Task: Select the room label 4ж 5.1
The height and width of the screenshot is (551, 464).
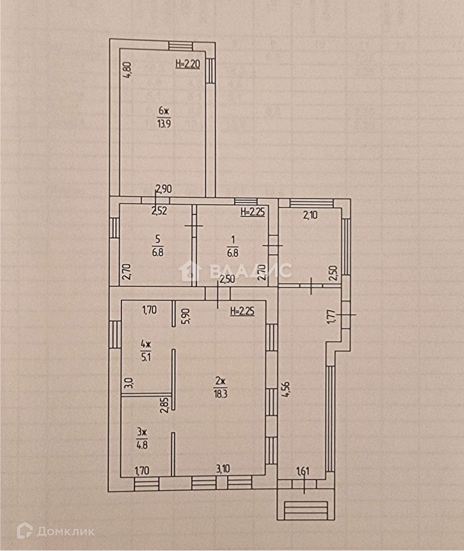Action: pyautogui.click(x=146, y=350)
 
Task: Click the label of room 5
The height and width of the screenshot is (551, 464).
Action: pyautogui.click(x=158, y=245)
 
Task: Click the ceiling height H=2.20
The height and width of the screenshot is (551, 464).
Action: pyautogui.click(x=187, y=64)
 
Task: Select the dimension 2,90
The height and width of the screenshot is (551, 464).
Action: pyautogui.click(x=164, y=189)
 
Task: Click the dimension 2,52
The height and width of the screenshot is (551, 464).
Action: pyautogui.click(x=159, y=211)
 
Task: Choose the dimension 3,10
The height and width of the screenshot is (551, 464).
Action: pyautogui.click(x=223, y=469)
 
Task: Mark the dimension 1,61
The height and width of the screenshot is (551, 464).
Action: pyautogui.click(x=303, y=471)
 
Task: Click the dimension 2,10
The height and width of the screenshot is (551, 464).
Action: pyautogui.click(x=310, y=216)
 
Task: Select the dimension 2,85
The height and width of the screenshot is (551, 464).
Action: pyautogui.click(x=165, y=405)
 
